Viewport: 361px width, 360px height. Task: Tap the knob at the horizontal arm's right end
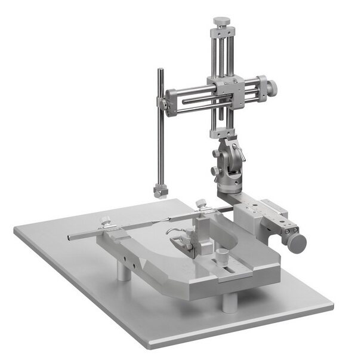click(x=271, y=87)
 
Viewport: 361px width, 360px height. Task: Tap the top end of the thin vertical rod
click(x=159, y=71)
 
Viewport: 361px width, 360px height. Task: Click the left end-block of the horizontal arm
click(x=172, y=100)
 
